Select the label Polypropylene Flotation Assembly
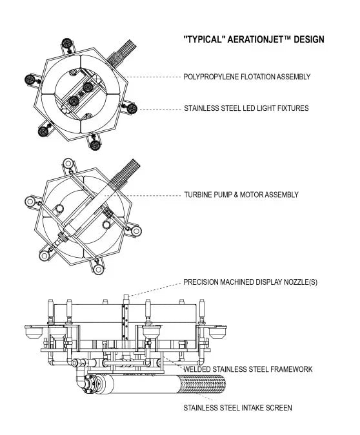(247, 77)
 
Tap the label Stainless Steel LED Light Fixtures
(246, 108)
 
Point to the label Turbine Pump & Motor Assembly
(241, 195)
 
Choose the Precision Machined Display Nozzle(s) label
(250, 282)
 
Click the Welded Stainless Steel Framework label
(248, 369)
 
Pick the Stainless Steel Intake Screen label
(238, 408)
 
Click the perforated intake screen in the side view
(201, 384)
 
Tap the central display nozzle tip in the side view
(126, 297)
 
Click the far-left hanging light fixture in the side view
(33, 332)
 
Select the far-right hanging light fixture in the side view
(218, 332)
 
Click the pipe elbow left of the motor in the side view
(80, 381)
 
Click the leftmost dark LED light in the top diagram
(30, 80)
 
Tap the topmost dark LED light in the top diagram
(67, 43)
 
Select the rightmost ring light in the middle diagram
(136, 231)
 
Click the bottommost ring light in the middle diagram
(98, 269)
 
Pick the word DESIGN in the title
(309, 39)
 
